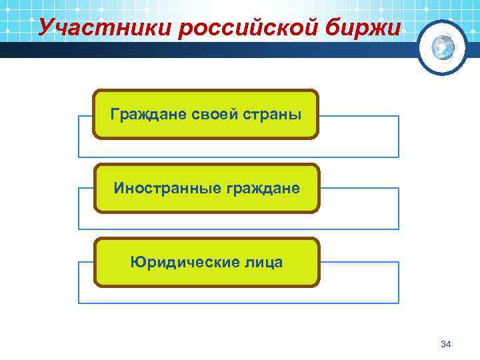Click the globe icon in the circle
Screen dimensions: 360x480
[x=443, y=47]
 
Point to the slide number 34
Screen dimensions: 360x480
[x=446, y=344]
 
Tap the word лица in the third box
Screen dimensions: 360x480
[x=265, y=262]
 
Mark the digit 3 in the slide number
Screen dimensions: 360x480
[x=443, y=344]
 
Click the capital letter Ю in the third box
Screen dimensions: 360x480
[x=136, y=262]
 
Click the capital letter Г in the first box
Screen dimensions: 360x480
[x=114, y=114]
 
